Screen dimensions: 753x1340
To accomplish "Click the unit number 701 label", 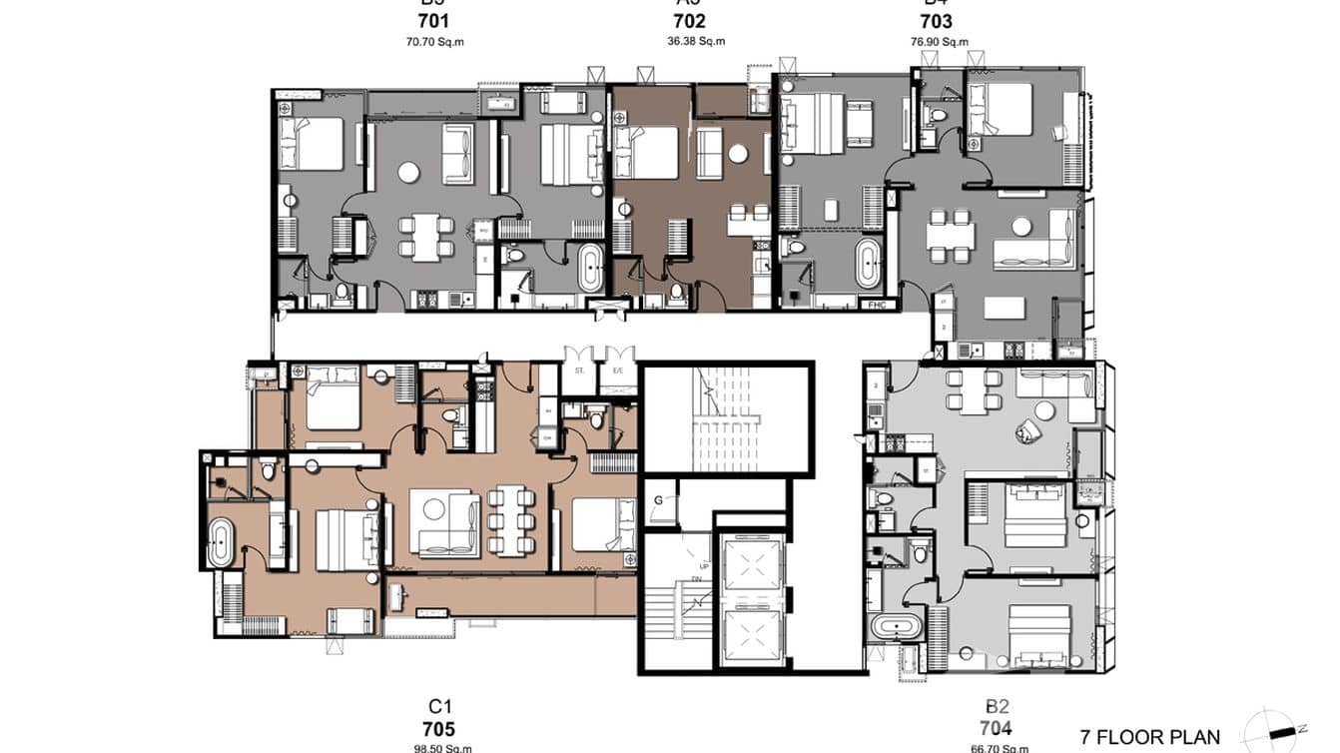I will click(x=434, y=22).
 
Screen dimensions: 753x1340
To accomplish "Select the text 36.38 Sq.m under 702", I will click(x=695, y=42).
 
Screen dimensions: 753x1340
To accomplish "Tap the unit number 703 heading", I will click(x=936, y=22).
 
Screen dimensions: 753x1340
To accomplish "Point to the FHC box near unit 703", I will click(x=878, y=305).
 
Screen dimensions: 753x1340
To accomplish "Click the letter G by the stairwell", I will click(x=659, y=498).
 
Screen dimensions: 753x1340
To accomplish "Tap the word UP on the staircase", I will click(x=704, y=565).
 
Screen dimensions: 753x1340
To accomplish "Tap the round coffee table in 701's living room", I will click(x=408, y=173).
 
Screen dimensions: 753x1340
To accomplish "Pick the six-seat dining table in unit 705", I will click(x=509, y=519).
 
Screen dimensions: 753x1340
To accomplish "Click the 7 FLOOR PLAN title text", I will click(x=1150, y=738).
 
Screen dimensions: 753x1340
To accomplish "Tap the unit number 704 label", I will click(x=995, y=728).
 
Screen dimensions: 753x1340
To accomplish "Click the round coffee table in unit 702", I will click(x=738, y=153).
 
